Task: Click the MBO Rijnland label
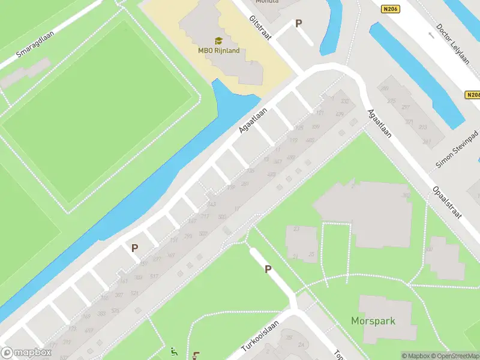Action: pos(219,50)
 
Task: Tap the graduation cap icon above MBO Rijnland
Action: pos(218,40)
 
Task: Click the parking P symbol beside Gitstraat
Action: pos(298,23)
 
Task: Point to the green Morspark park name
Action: pos(373,321)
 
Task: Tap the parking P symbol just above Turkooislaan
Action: pos(268,269)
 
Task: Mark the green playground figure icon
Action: pos(174,352)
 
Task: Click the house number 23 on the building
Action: pos(296,229)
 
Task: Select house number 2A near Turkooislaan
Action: pos(301,345)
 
